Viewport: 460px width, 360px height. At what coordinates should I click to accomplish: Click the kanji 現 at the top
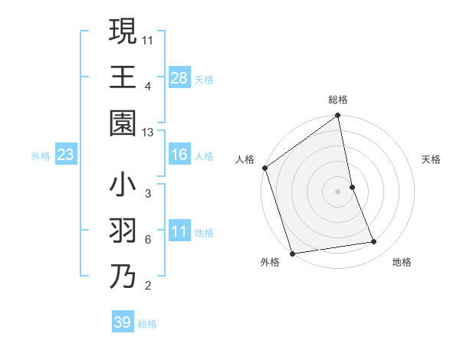pyautogui.click(x=123, y=33)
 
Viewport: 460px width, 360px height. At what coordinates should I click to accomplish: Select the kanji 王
pyautogui.click(x=123, y=78)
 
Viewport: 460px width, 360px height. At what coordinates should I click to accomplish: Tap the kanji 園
pyautogui.click(x=123, y=123)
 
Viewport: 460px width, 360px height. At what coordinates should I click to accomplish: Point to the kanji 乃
pyautogui.click(x=123, y=276)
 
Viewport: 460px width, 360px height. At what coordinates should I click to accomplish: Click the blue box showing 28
pyautogui.click(x=179, y=78)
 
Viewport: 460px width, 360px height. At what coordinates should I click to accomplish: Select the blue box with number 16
pyautogui.click(x=179, y=155)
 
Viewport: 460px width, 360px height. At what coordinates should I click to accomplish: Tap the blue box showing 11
pyautogui.click(x=179, y=231)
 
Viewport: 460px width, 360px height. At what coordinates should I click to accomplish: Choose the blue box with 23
pyautogui.click(x=65, y=155)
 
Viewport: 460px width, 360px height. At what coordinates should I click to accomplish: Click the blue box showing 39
pyautogui.click(x=123, y=322)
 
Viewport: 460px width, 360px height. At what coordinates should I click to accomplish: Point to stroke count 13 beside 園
pyautogui.click(x=149, y=133)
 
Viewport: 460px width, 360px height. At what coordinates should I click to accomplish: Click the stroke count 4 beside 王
pyautogui.click(x=148, y=87)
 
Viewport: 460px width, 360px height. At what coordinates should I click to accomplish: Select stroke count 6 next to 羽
pyautogui.click(x=148, y=239)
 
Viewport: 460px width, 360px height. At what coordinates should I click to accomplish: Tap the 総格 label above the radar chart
pyautogui.click(x=338, y=100)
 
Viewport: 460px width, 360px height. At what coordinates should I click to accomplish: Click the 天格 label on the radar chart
pyautogui.click(x=431, y=159)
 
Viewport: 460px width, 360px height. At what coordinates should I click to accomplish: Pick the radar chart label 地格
pyautogui.click(x=402, y=262)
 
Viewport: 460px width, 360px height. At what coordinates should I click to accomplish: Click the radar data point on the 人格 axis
pyautogui.click(x=265, y=168)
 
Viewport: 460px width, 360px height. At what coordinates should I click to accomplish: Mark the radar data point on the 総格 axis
pyautogui.click(x=338, y=116)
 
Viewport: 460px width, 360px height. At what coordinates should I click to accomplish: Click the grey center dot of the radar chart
pyautogui.click(x=338, y=191)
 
